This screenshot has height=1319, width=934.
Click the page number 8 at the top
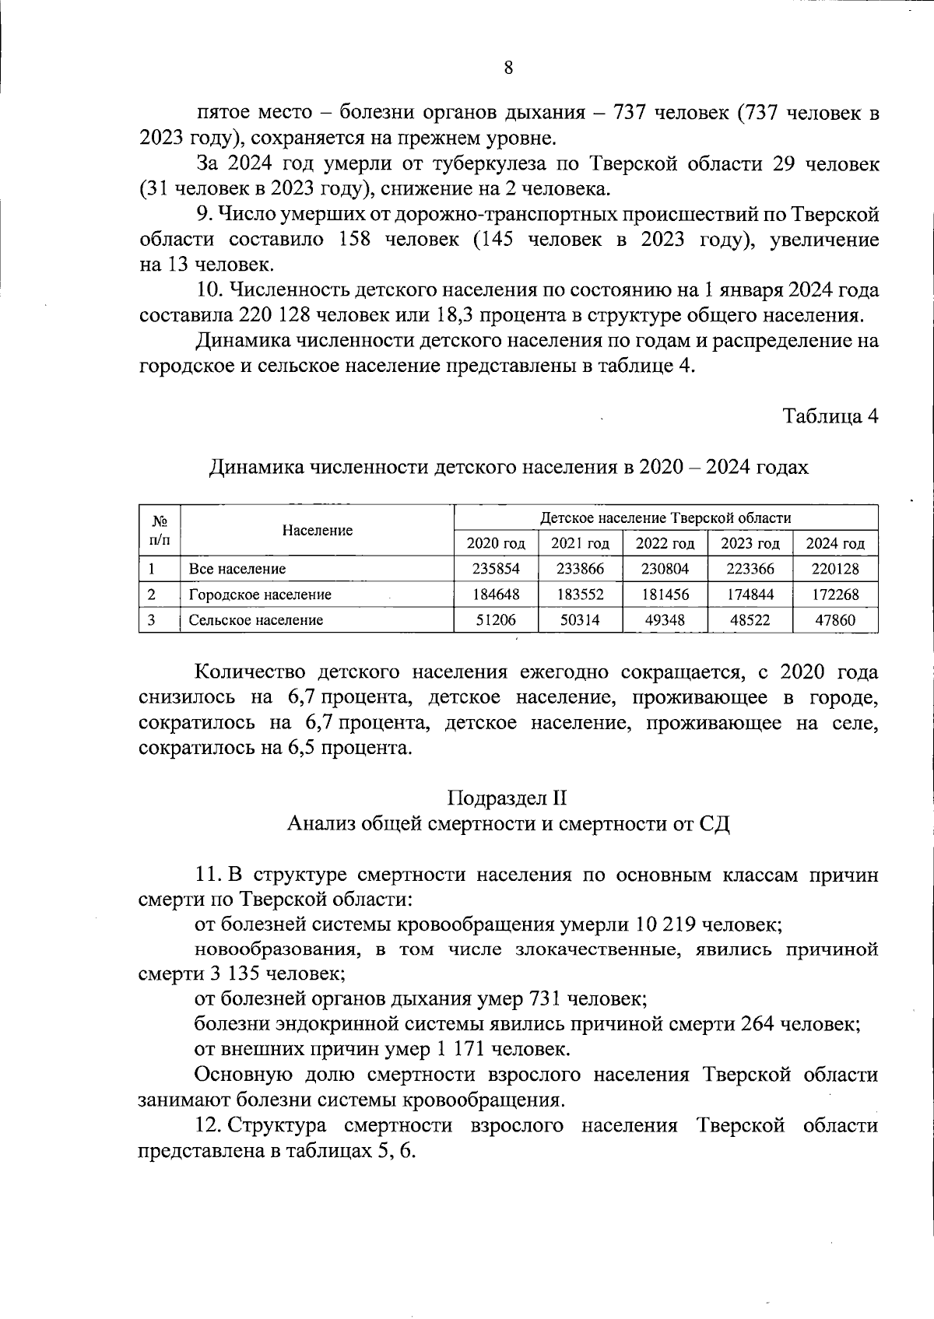click(x=508, y=68)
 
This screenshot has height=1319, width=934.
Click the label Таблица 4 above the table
click(x=830, y=416)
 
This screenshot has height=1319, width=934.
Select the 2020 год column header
click(x=496, y=543)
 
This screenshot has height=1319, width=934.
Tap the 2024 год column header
click(x=835, y=543)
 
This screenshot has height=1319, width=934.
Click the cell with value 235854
click(x=496, y=569)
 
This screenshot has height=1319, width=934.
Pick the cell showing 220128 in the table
click(x=835, y=569)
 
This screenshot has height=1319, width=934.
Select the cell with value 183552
click(x=580, y=595)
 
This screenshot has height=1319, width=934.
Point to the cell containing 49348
click(x=665, y=620)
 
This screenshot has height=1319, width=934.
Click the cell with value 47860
click(x=835, y=620)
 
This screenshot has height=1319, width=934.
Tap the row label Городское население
click(x=260, y=595)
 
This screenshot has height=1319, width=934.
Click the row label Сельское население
click(x=255, y=620)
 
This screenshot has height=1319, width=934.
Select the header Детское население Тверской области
click(x=665, y=517)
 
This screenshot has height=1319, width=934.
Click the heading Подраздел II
click(x=507, y=798)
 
